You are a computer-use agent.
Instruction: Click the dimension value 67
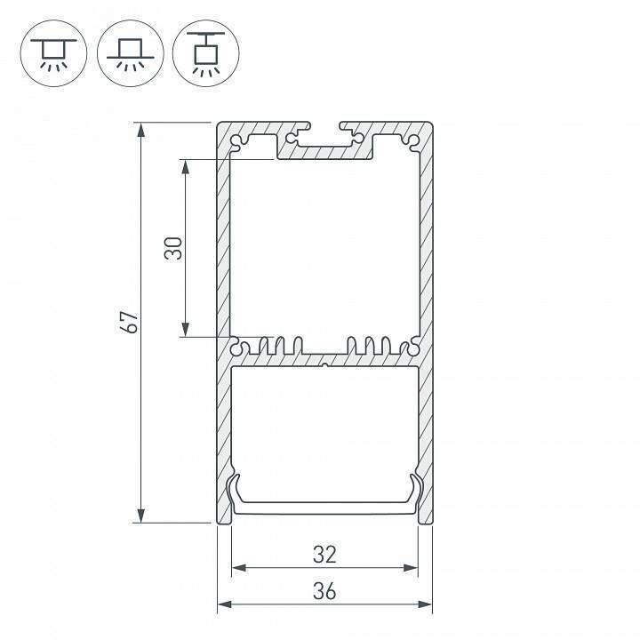(130, 322)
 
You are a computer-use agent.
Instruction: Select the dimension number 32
(324, 555)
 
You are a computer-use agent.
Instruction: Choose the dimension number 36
(324, 591)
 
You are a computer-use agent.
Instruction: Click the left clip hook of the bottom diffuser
(236, 490)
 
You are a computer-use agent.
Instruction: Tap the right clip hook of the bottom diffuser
(414, 490)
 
